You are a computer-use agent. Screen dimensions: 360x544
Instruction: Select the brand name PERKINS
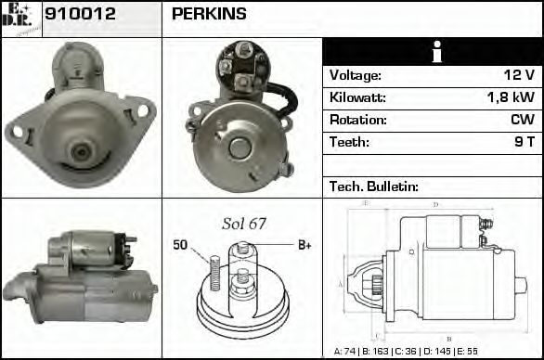[x=210, y=15]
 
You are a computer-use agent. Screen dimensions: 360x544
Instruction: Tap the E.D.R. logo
[x=21, y=18]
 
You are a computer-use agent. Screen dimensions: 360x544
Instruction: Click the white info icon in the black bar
[x=432, y=52]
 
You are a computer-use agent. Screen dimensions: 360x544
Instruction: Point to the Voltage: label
[x=356, y=75]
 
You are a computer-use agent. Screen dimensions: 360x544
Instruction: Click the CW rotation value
[x=522, y=120]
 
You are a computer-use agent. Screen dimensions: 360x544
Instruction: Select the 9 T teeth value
[x=525, y=142]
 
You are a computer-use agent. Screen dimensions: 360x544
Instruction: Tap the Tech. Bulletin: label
[x=374, y=186]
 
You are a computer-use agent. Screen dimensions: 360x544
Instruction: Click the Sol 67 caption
[x=244, y=224]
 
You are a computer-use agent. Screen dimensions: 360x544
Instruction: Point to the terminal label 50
[x=180, y=245]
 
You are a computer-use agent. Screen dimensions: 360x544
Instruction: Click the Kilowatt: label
[x=357, y=97]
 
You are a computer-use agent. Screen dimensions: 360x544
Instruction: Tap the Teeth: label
[x=349, y=142]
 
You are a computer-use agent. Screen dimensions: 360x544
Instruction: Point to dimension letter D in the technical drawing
[x=435, y=205]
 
